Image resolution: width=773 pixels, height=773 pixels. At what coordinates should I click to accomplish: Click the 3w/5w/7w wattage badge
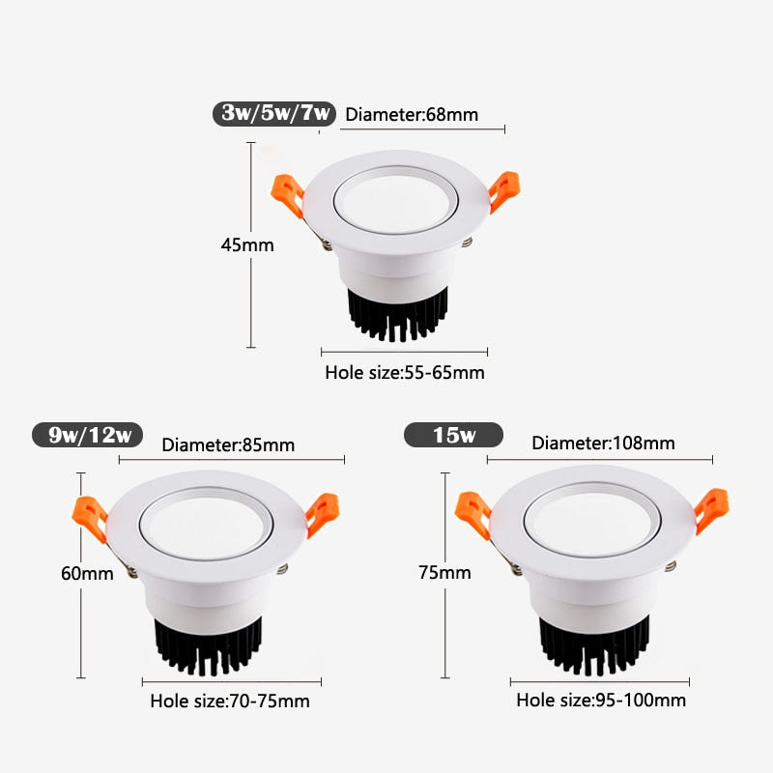(x=275, y=114)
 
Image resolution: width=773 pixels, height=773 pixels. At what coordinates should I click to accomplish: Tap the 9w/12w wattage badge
(x=89, y=435)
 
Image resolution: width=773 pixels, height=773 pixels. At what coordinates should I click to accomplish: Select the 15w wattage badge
(x=454, y=435)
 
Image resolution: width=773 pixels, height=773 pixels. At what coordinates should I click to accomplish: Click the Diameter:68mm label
(x=412, y=115)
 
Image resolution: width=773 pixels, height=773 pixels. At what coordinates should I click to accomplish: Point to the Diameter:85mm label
(x=228, y=445)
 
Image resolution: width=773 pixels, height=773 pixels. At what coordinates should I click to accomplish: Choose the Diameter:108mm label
(x=603, y=444)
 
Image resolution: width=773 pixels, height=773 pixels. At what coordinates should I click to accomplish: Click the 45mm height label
(x=247, y=245)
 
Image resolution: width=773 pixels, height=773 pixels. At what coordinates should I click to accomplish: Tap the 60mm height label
(x=87, y=573)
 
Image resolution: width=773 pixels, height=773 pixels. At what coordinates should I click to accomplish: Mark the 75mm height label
(x=444, y=573)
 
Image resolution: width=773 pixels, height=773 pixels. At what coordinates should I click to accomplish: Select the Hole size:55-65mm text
(x=405, y=372)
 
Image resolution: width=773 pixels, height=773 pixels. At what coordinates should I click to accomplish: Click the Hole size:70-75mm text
(x=230, y=701)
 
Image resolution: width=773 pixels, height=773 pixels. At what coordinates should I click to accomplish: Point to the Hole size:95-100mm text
(x=601, y=700)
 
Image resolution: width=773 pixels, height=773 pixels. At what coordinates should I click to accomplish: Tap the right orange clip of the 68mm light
(x=503, y=189)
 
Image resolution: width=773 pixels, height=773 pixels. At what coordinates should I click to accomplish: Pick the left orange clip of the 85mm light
(x=91, y=518)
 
